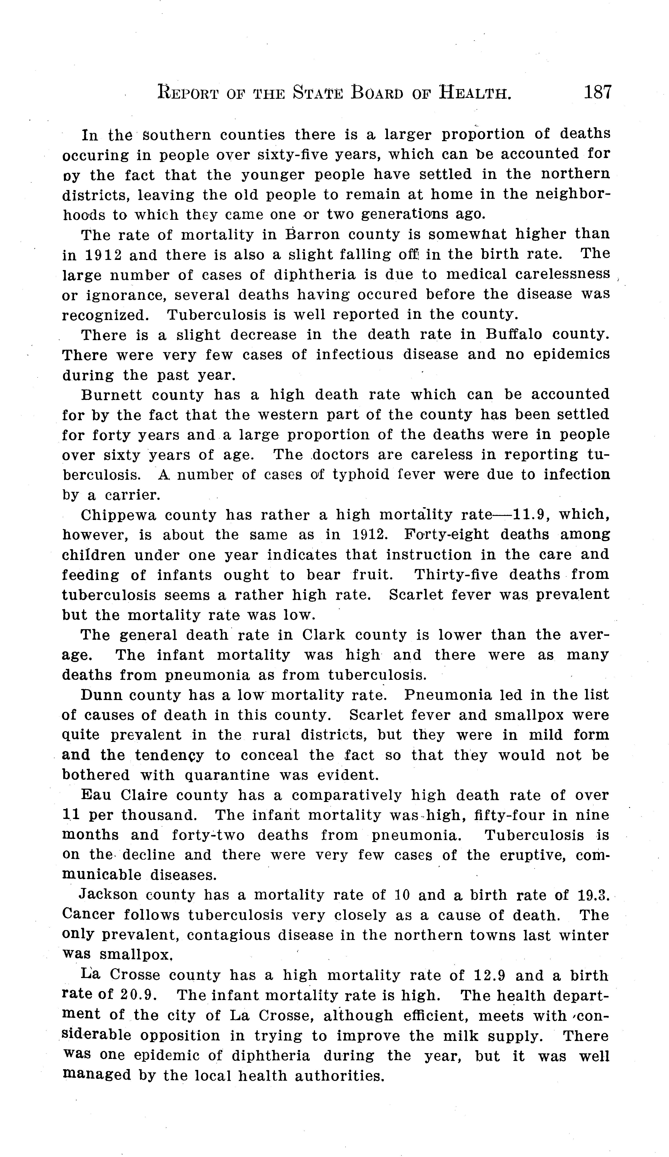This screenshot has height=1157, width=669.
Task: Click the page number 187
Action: (x=598, y=92)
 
